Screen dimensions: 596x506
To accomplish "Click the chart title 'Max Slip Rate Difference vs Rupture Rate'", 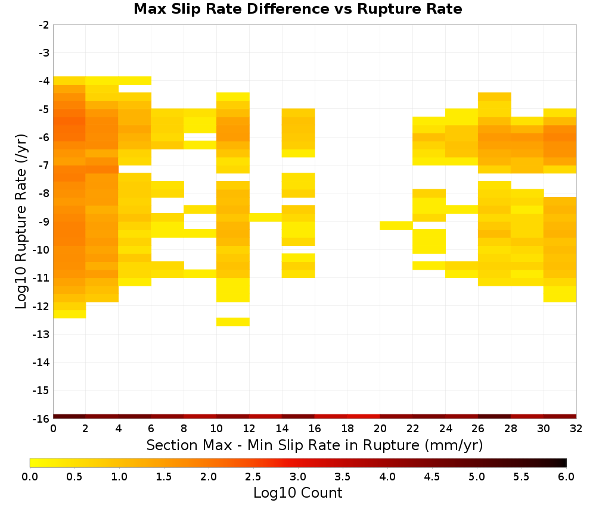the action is click(297, 9).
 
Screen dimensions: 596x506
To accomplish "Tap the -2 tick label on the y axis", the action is click(45, 25).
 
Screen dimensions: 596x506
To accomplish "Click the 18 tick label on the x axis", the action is click(347, 429).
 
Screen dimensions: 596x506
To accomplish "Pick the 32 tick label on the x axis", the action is click(576, 429).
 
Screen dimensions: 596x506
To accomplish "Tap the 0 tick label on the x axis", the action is click(53, 429).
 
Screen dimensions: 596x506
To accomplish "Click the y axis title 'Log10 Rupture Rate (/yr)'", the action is click(21, 221).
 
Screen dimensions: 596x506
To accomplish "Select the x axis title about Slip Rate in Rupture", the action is click(315, 445).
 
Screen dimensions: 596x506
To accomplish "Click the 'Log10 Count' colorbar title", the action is click(297, 493).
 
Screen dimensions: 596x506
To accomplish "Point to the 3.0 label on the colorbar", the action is click(298, 476).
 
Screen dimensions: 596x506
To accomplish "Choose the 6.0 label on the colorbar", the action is click(566, 476).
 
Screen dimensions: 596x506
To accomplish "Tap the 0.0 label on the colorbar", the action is click(30, 476).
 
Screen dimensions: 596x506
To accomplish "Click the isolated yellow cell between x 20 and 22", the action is click(396, 226).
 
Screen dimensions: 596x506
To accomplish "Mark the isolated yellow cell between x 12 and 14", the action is click(266, 217).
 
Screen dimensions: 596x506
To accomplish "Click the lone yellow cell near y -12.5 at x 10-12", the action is click(233, 322).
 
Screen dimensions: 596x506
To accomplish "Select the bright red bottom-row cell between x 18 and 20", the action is click(364, 417).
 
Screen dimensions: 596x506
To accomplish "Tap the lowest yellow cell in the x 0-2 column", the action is click(70, 314).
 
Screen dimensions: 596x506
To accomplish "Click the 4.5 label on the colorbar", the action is click(432, 476).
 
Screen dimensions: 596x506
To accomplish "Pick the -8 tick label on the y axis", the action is click(45, 194).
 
